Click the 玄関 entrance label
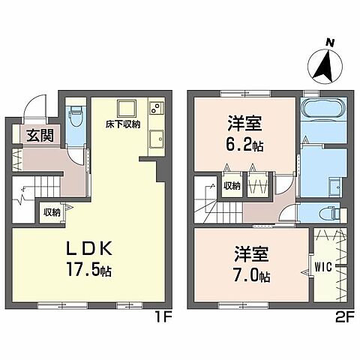[31, 136]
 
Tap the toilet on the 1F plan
[75, 118]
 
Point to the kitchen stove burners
[155, 108]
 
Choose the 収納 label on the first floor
[51, 212]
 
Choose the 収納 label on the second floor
[232, 184]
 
